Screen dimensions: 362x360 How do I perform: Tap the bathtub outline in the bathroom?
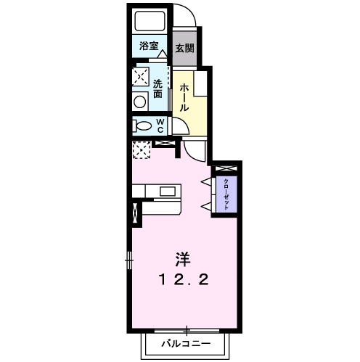pos(149,22)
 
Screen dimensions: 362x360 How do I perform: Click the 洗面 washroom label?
pos(157,88)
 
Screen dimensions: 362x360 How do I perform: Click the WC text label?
pos(161,126)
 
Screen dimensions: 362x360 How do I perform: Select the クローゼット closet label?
pos(226,194)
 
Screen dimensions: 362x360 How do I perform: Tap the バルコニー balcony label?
pos(185,341)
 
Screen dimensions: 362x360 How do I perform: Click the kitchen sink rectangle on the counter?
pos(168,192)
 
